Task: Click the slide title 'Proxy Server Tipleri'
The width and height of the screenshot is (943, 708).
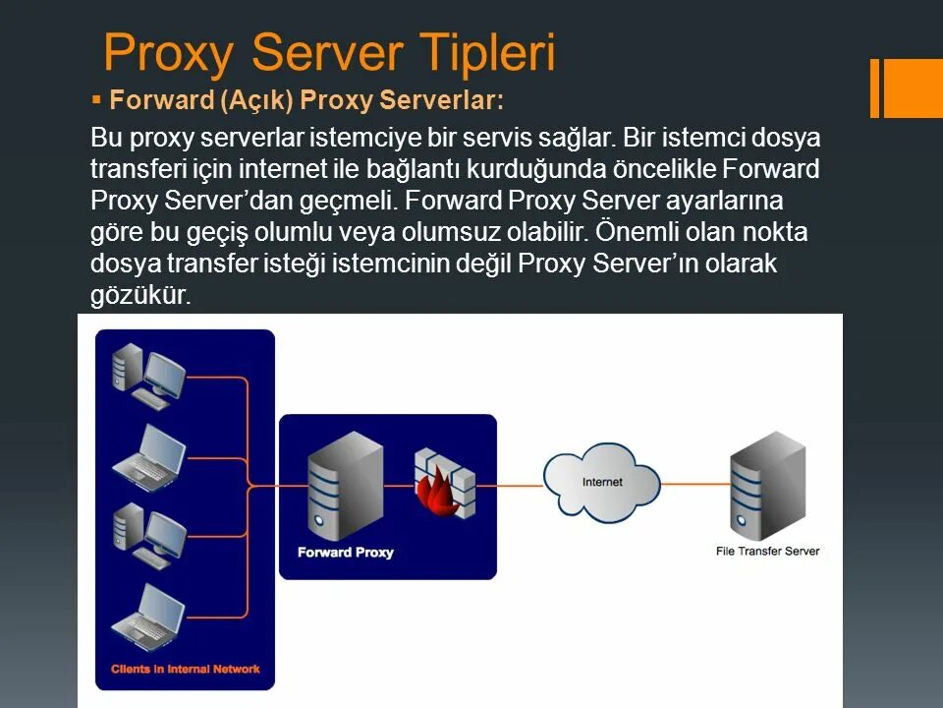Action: tap(329, 53)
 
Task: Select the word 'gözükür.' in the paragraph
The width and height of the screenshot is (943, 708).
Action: tap(139, 295)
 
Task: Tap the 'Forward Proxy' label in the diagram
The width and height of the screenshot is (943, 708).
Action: tap(345, 553)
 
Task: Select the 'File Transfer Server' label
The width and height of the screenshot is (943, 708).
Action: tap(767, 552)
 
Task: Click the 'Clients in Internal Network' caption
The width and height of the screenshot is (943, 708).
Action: tap(185, 669)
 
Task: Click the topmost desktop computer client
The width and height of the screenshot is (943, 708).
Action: tap(148, 375)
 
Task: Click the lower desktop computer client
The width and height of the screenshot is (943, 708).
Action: tap(148, 535)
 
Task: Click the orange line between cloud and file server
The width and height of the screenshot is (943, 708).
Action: tap(694, 484)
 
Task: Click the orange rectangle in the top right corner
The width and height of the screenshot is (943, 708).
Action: tap(914, 88)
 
